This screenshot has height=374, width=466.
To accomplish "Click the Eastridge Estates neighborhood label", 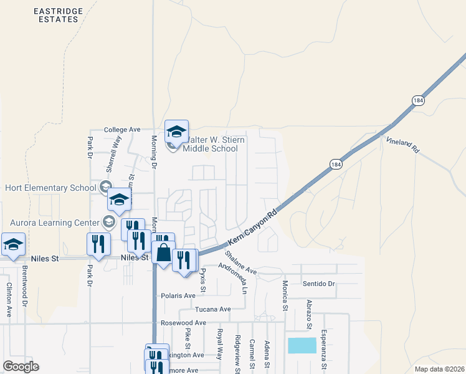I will tap(57, 15).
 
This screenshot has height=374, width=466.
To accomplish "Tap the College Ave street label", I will tap(122, 130).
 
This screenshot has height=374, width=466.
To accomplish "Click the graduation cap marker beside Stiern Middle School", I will tap(176, 131).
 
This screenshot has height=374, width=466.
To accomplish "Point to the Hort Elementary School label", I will tap(50, 188).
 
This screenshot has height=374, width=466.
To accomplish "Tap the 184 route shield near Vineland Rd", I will tap(417, 100).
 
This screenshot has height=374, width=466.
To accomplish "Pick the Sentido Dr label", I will tap(318, 284).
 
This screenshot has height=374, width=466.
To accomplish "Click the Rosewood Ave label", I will tap(183, 323).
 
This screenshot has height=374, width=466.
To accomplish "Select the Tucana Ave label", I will tap(213, 309).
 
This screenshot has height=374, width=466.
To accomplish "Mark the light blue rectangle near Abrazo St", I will tap(302, 346).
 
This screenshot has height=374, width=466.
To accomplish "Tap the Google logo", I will tap(21, 366).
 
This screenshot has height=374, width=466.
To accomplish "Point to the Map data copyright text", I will tap(439, 369).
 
